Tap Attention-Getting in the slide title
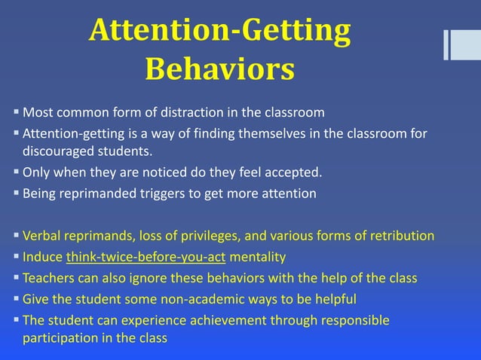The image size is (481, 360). click(219, 31)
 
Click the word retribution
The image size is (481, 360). click(400, 236)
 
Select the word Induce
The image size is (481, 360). click(42, 257)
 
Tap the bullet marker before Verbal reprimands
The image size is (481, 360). click(16, 235)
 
